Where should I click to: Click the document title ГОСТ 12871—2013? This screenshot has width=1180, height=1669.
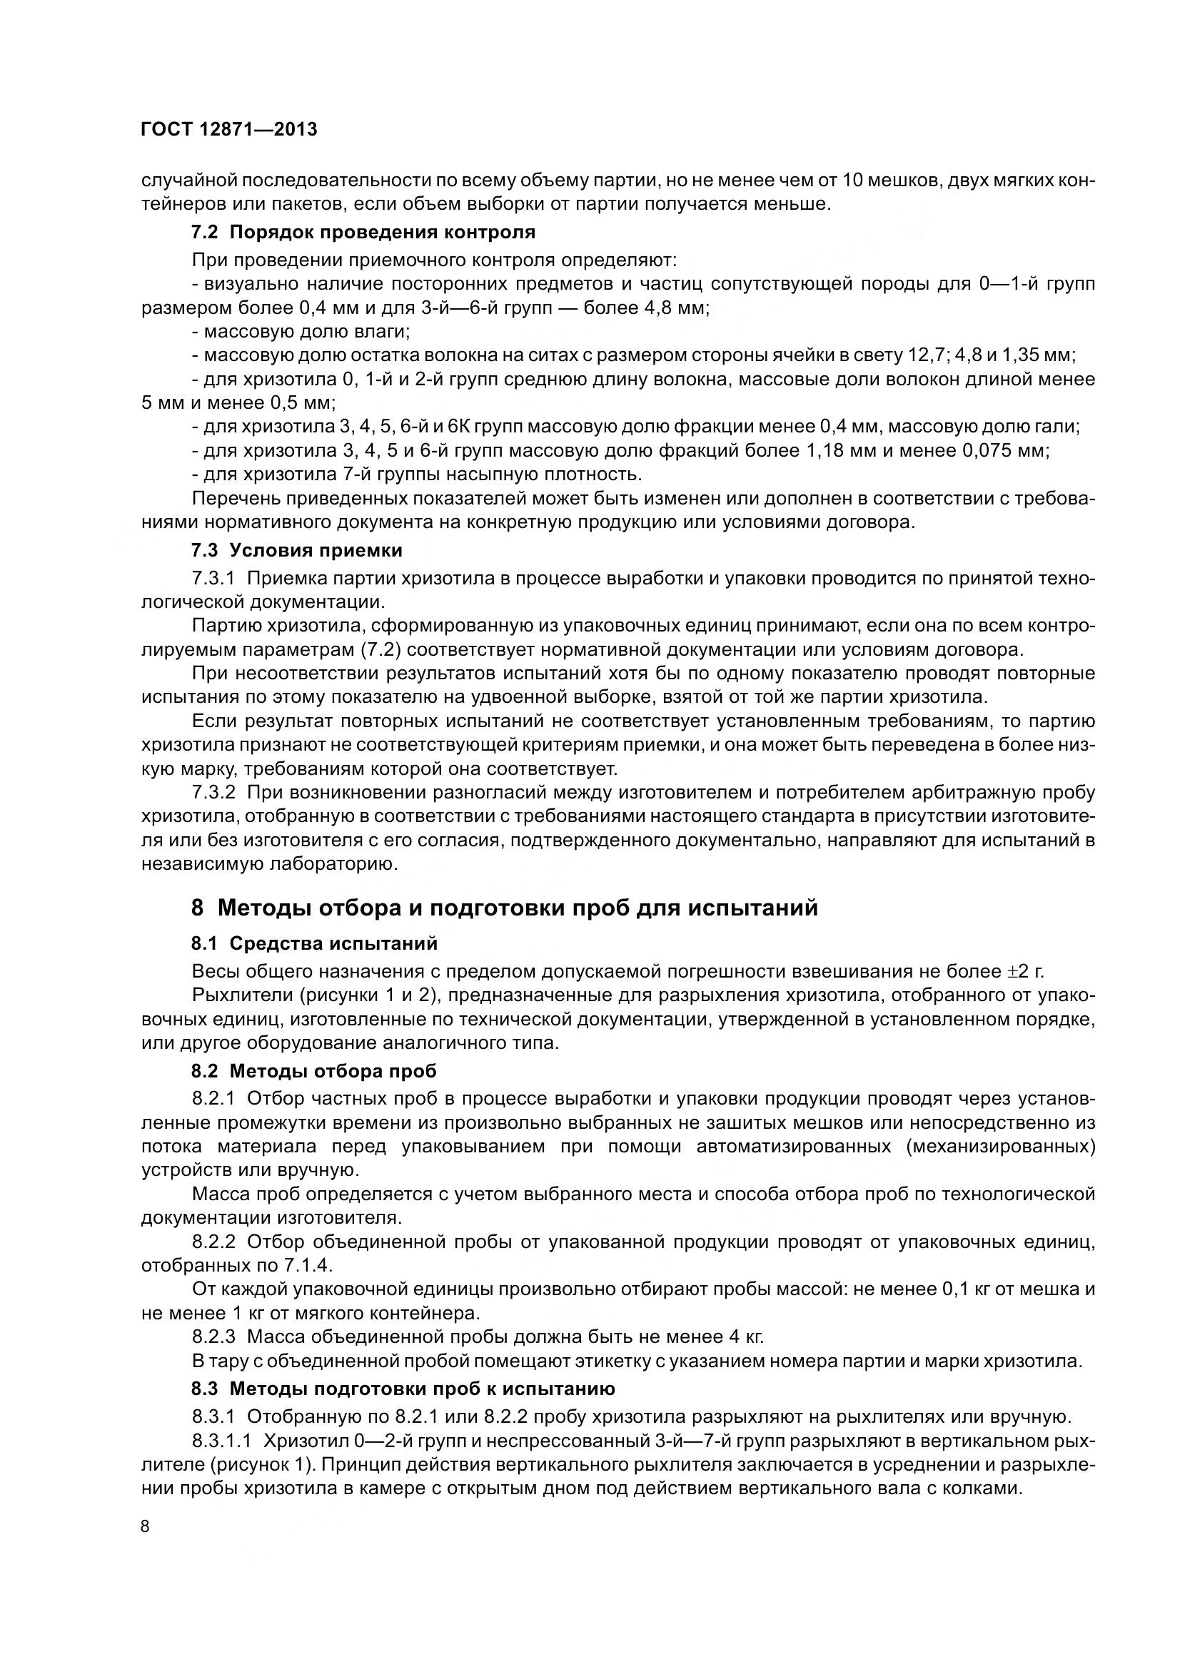(x=229, y=130)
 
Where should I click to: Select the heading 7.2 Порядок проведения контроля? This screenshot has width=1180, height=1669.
(x=363, y=233)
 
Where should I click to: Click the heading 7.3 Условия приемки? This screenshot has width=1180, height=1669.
(x=297, y=550)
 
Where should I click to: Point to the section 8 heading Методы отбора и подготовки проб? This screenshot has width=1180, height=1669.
(x=505, y=908)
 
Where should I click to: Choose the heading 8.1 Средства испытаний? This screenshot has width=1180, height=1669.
(x=315, y=943)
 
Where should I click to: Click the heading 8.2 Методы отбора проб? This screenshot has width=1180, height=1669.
(x=314, y=1071)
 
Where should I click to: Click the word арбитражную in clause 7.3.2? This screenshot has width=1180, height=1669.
(x=974, y=792)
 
